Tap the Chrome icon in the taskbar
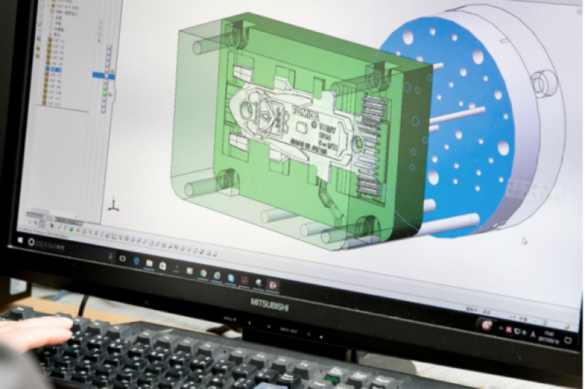(x=203, y=272)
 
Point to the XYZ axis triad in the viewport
(x=112, y=207)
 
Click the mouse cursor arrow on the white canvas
(x=524, y=239)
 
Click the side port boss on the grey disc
(x=542, y=82)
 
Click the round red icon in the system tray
(x=485, y=325)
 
